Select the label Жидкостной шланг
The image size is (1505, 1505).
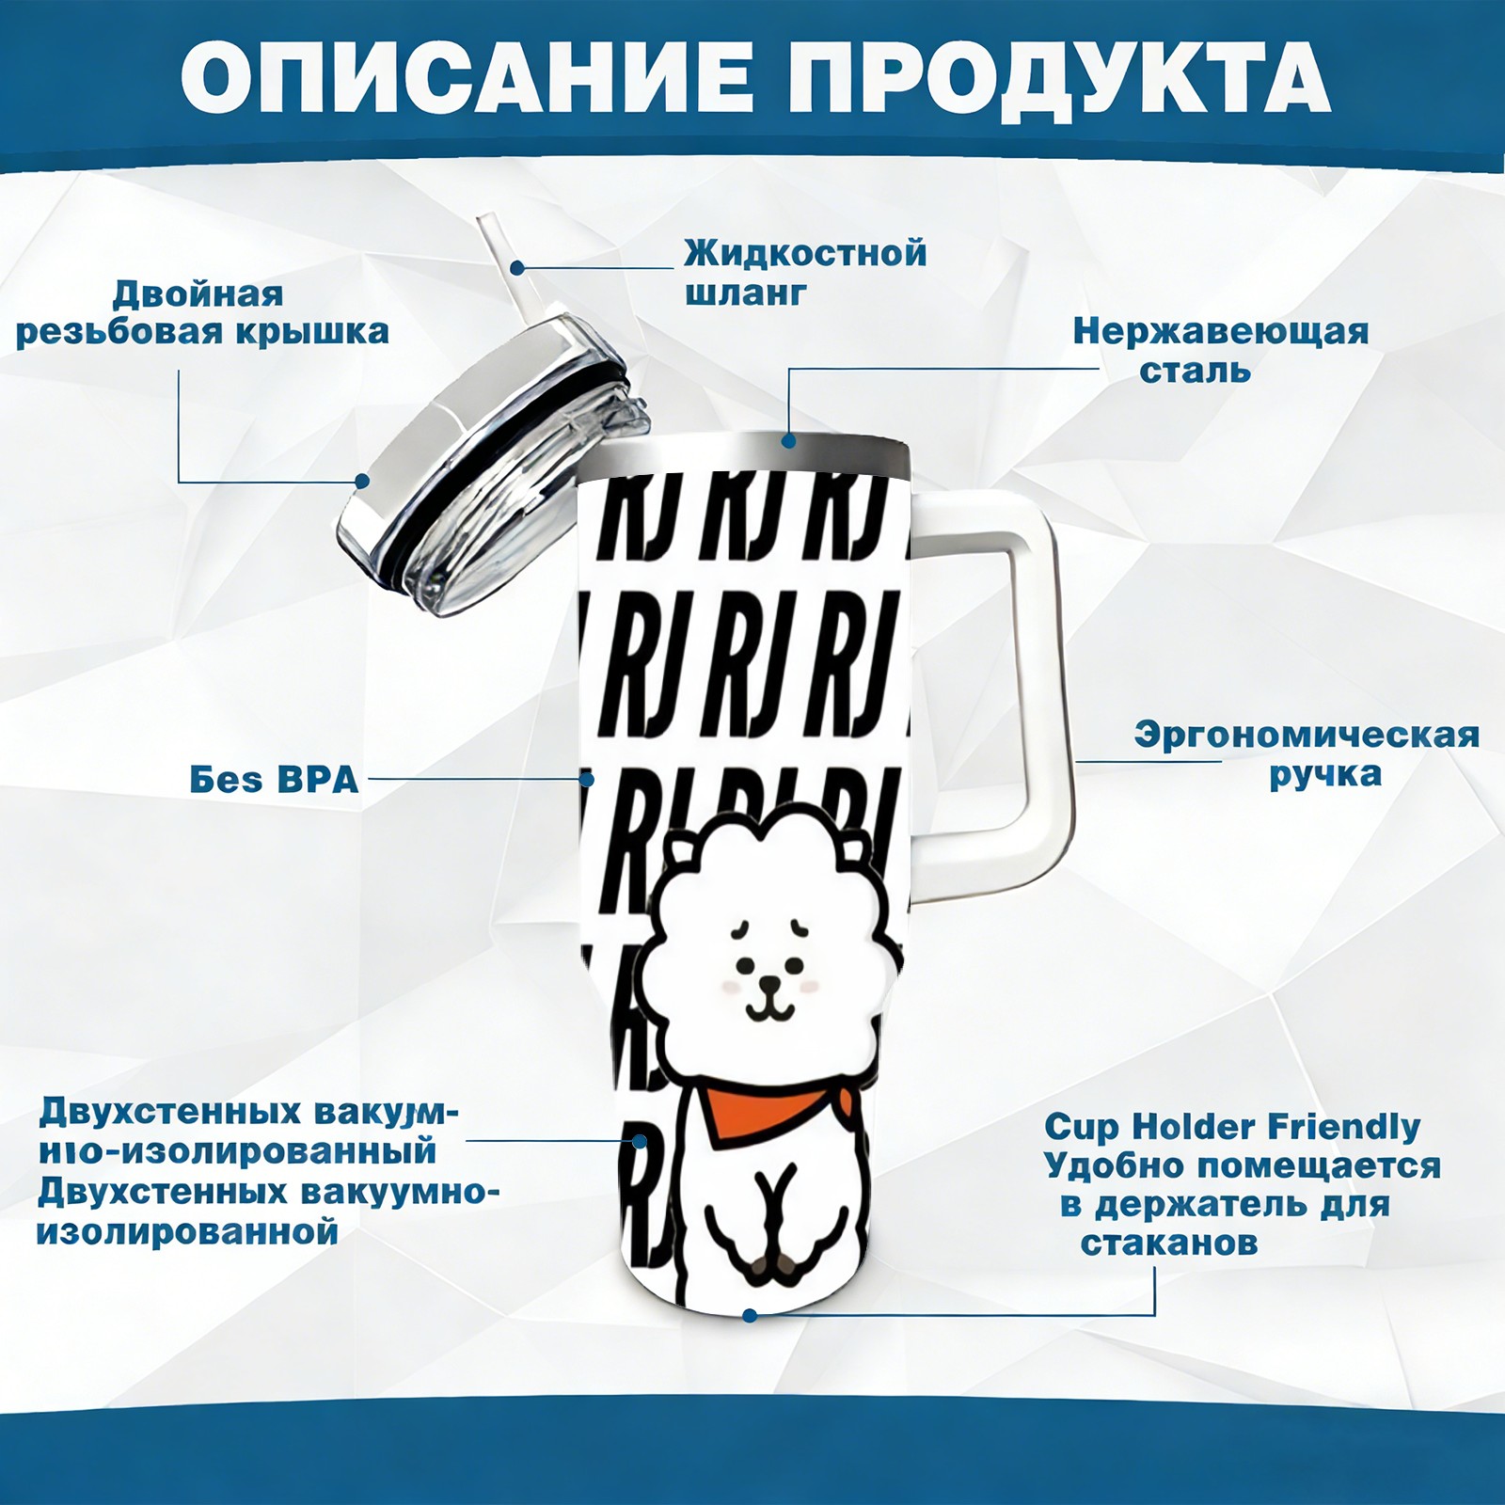point(805,273)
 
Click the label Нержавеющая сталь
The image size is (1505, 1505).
point(1221,350)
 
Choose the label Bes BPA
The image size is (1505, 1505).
point(274,780)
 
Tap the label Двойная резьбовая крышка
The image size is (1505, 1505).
point(202,313)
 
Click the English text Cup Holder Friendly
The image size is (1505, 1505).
point(1232,1126)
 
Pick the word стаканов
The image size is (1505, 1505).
point(1169,1243)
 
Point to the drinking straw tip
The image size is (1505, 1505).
point(491,224)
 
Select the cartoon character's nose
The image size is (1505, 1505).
point(770,984)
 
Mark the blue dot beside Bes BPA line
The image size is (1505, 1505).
point(586,780)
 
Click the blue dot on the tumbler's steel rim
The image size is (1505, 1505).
point(788,439)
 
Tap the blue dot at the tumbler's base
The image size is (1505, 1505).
point(750,1315)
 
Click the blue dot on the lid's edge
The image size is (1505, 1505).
point(362,482)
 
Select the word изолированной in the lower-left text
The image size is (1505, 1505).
point(187,1231)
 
